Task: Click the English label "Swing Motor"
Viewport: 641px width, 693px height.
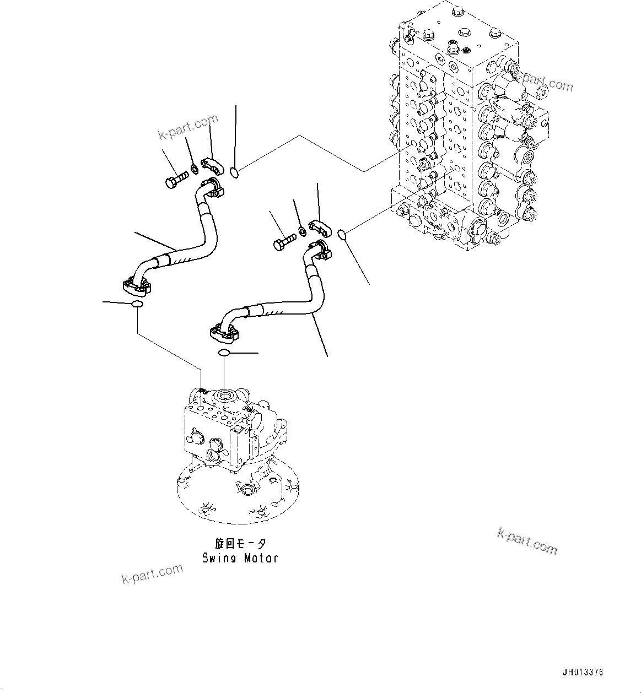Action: pos(240,558)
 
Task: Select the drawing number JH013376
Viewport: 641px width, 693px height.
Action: pos(583,673)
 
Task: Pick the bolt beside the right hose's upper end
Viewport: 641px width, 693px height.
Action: pos(284,242)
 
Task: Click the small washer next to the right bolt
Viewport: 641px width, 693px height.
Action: pos(302,230)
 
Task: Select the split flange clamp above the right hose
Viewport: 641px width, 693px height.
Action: pos(319,226)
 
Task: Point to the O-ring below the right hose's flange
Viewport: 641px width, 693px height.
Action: pos(224,353)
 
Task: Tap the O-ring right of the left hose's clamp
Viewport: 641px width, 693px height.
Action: pos(234,173)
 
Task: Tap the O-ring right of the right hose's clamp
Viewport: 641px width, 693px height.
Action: pos(342,235)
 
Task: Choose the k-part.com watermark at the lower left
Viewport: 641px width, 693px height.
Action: pos(152,573)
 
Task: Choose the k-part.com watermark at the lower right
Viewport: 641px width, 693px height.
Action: pos(527,540)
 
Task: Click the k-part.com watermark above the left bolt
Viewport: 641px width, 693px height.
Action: pos(188,127)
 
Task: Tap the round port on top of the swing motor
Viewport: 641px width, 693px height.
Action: pos(227,394)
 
